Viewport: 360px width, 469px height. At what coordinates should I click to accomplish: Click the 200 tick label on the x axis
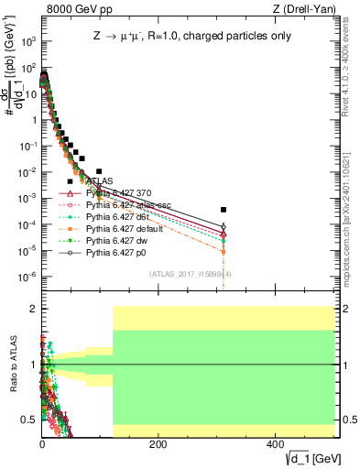[158, 442]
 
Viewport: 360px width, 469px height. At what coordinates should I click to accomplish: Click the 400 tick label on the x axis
[275, 442]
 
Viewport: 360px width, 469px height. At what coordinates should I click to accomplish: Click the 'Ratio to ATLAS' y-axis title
[10, 364]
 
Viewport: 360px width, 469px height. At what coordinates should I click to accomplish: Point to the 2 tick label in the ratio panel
[32, 309]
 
